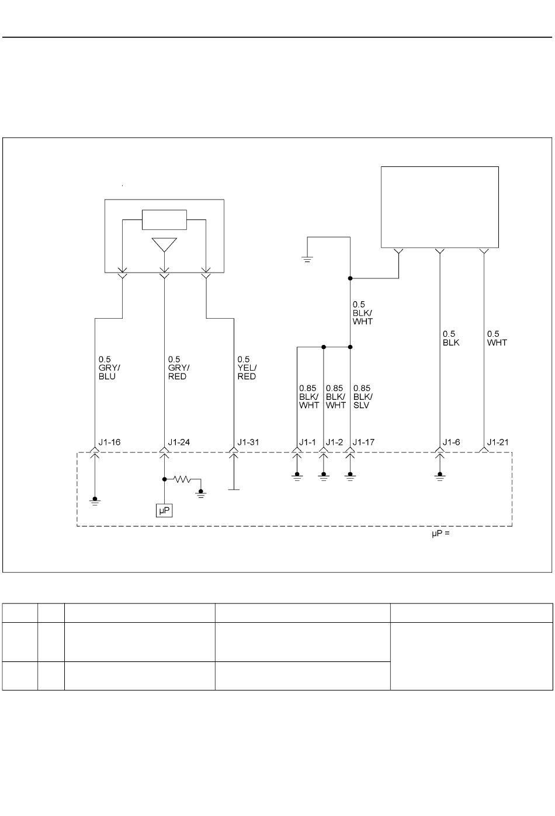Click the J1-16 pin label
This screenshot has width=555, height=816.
click(109, 442)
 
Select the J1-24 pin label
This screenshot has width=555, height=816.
click(179, 442)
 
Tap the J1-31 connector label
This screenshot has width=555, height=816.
click(248, 442)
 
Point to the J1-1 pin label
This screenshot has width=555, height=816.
click(307, 442)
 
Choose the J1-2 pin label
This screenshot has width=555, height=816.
click(334, 442)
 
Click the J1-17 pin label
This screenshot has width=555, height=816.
click(363, 442)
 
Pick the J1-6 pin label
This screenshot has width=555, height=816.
click(452, 442)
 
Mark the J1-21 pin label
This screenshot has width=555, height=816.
click(498, 442)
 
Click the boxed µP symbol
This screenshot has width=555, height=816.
click(164, 510)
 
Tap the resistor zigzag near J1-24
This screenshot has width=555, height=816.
click(182, 479)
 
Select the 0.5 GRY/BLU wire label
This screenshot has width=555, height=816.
click(109, 368)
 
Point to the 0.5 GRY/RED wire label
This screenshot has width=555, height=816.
click(179, 368)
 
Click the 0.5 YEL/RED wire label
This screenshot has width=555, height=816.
click(247, 368)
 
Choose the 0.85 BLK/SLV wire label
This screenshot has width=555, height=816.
click(363, 397)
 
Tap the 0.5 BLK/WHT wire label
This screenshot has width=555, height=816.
click(362, 313)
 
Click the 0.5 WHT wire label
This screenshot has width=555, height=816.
click(497, 339)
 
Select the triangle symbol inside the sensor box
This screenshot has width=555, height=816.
click(165, 245)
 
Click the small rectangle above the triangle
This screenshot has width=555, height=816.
click(165, 219)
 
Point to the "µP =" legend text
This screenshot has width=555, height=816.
click(441, 533)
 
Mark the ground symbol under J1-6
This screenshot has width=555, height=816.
click(440, 476)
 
